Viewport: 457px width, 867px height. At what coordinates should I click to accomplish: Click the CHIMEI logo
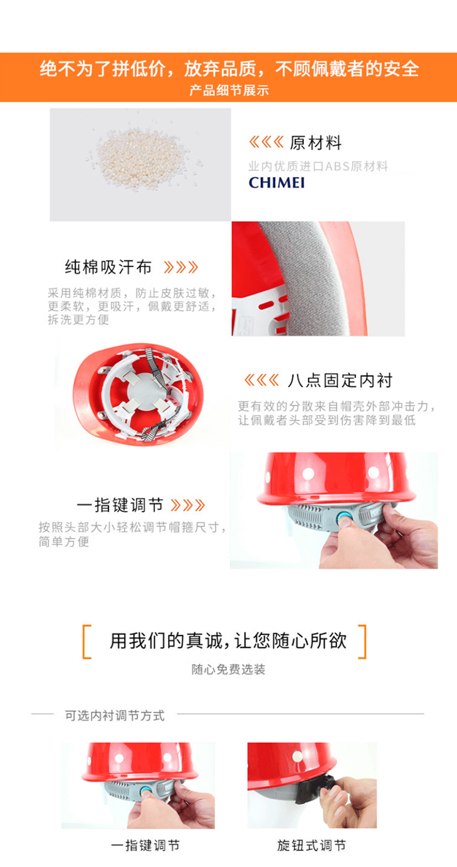click(x=276, y=182)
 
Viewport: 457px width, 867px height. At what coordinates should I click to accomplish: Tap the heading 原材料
click(x=316, y=143)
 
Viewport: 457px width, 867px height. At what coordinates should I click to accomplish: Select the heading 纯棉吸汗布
click(x=108, y=267)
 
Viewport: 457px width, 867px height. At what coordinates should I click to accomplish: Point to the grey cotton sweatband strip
click(x=314, y=279)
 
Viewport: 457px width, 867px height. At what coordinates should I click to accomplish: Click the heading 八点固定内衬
click(x=340, y=380)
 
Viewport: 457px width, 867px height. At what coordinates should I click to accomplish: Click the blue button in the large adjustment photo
click(x=343, y=517)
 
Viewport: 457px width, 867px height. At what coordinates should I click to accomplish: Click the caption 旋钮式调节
click(x=311, y=845)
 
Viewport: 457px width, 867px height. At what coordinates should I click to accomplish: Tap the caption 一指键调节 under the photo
click(x=146, y=845)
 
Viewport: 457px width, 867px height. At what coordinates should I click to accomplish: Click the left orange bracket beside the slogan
click(x=87, y=641)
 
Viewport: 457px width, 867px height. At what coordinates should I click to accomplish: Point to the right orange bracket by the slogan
click(x=362, y=641)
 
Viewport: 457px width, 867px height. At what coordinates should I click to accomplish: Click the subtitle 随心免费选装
click(x=228, y=669)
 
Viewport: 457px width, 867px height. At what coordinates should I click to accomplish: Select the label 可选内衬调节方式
click(x=115, y=716)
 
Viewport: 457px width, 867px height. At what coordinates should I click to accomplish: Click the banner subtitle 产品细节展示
click(x=228, y=91)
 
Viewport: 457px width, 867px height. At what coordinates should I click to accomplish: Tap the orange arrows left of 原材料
click(x=266, y=142)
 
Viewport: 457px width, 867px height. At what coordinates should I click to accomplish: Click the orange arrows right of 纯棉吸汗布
click(x=181, y=267)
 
